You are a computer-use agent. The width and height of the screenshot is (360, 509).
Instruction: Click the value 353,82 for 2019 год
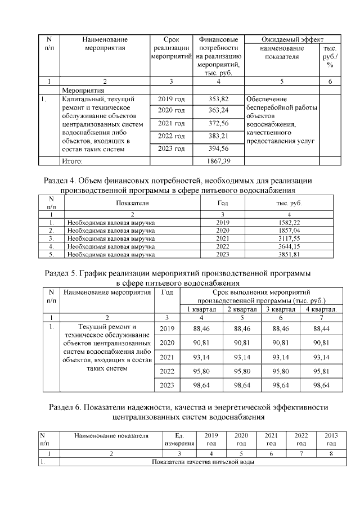(218, 99)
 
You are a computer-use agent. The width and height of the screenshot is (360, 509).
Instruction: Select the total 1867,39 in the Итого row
(218, 161)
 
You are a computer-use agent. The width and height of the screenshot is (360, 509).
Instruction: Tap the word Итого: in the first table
(72, 161)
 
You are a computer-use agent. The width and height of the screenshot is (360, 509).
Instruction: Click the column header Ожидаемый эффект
(292, 40)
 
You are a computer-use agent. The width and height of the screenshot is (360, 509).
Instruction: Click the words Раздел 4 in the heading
(61, 181)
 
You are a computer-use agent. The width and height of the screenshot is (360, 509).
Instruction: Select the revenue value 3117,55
(289, 238)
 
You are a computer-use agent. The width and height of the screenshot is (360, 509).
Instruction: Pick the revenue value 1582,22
(289, 223)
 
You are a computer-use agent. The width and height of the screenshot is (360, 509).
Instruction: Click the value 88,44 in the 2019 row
(321, 328)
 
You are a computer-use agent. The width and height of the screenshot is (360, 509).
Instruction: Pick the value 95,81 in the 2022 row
(321, 371)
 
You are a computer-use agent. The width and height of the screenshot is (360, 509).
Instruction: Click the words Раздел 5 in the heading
(61, 273)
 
